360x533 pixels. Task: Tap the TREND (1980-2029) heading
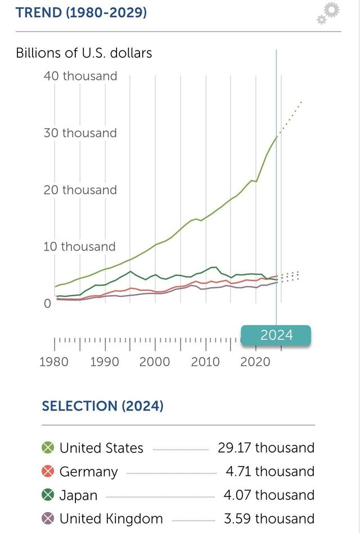click(81, 12)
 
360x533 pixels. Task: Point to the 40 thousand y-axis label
click(80, 76)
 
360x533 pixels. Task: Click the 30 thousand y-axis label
click(80, 133)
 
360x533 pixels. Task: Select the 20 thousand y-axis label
click(80, 190)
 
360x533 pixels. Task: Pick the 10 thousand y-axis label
click(80, 247)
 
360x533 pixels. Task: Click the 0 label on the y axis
click(47, 304)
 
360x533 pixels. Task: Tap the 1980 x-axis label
click(55, 362)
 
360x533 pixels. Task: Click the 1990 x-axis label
click(105, 362)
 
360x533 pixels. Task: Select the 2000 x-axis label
click(155, 362)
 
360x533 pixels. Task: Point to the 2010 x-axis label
click(205, 362)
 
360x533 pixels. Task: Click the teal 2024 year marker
click(276, 335)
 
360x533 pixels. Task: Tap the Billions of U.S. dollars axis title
click(84, 53)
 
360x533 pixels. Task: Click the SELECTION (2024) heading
click(102, 406)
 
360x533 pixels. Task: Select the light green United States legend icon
click(48, 448)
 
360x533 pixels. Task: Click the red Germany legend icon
click(48, 472)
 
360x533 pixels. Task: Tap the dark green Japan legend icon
click(48, 495)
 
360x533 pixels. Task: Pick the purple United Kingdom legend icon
click(48, 519)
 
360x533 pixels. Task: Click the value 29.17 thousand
click(266, 448)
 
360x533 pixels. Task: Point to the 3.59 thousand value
click(270, 519)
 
